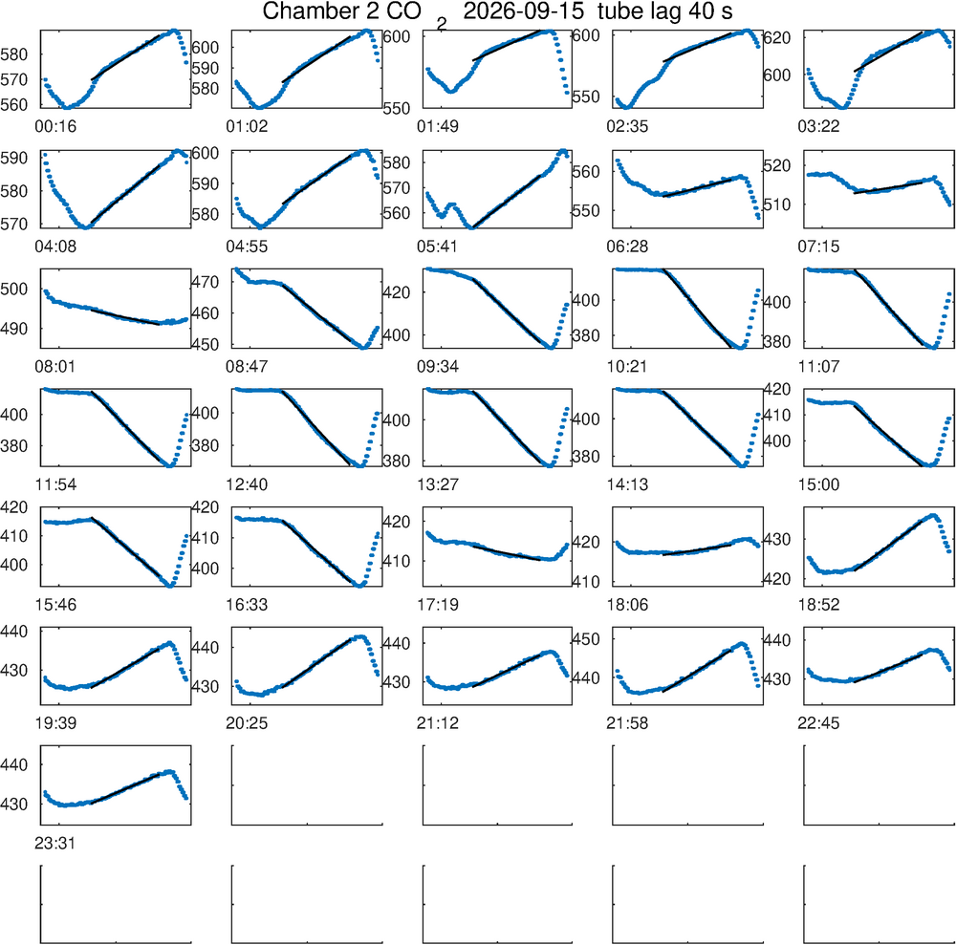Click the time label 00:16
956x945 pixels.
[55, 127]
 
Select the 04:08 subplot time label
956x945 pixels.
[55, 247]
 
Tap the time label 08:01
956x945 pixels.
[55, 367]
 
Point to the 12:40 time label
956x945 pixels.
[247, 485]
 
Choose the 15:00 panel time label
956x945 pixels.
[818, 485]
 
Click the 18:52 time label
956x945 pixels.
[818, 605]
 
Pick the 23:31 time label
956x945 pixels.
[55, 844]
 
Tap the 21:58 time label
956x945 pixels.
[627, 724]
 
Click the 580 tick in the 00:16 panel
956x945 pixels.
[14, 54]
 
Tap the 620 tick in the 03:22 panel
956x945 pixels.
[777, 38]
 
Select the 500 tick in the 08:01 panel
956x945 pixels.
[14, 289]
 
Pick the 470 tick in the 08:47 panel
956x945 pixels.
[205, 282]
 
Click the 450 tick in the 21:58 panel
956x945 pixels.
[586, 639]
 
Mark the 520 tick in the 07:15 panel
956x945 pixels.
[777, 165]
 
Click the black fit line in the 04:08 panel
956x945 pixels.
[125, 194]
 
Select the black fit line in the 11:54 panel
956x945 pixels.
[129, 428]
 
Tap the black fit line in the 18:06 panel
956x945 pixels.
[697, 549]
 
